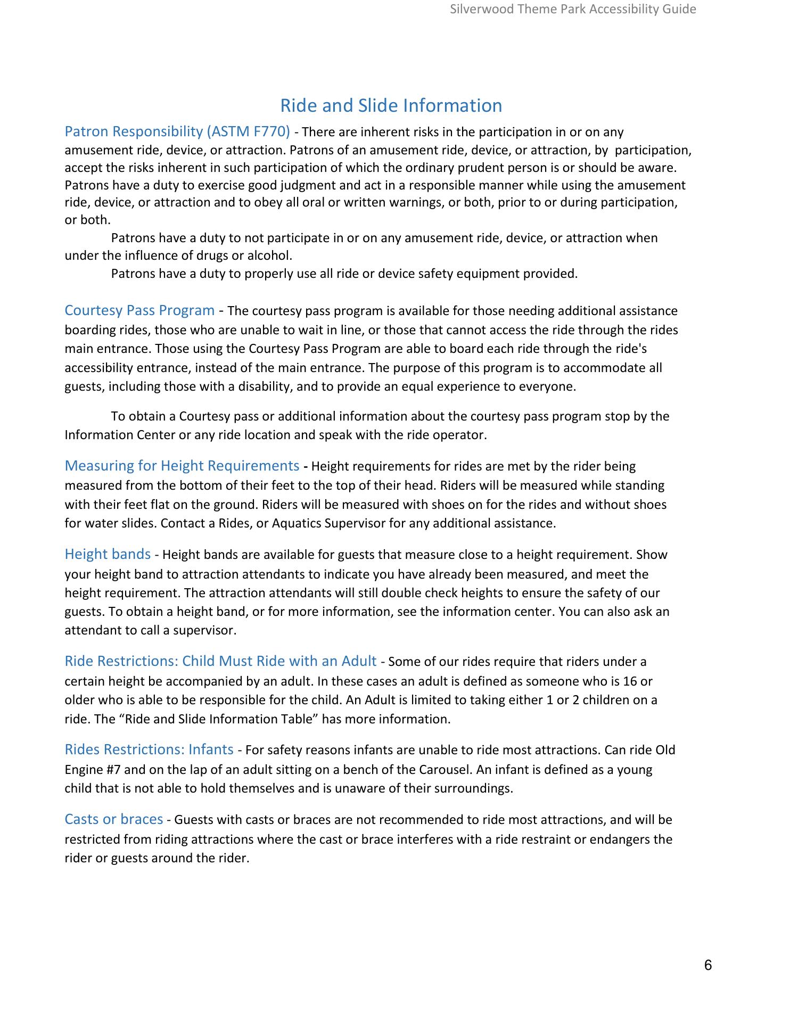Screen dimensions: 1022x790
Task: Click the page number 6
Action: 707,965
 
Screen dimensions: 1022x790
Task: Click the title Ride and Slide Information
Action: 391,105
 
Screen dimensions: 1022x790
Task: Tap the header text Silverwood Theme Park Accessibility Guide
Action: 573,9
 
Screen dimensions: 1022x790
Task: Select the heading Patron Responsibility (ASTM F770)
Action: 177,131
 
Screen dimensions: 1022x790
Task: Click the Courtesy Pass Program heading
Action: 139,310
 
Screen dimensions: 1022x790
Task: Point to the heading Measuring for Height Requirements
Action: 182,466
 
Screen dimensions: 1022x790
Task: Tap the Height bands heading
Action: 108,554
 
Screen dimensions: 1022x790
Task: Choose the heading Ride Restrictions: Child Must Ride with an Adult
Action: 220,661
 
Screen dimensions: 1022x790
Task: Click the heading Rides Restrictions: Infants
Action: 149,749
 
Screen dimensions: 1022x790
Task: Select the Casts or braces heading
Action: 114,819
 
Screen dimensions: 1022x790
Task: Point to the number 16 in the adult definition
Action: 630,681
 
